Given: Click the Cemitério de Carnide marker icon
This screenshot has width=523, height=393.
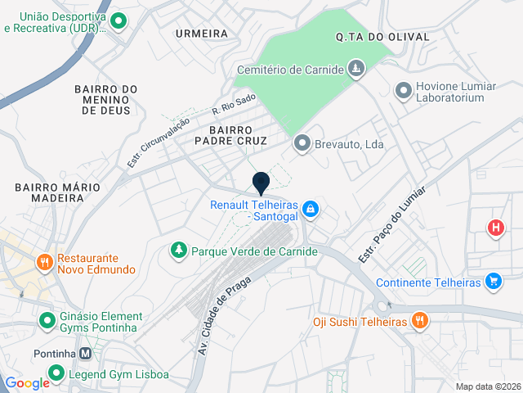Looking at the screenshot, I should (x=356, y=70).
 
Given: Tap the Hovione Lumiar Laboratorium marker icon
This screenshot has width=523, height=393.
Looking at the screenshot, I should (x=403, y=91).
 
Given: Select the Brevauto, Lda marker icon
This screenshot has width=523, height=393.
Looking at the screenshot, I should (x=302, y=144).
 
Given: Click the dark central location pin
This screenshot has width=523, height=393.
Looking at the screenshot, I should (x=261, y=183).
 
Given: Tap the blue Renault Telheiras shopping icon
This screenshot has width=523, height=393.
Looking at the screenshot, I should (x=311, y=210).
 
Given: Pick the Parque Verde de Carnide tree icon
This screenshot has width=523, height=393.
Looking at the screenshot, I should (x=178, y=249).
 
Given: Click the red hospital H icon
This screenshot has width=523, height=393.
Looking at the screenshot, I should (x=495, y=228).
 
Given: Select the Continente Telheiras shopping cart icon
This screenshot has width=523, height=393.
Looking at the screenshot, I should (x=493, y=282).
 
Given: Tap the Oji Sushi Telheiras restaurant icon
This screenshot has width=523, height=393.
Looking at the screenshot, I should (x=419, y=321).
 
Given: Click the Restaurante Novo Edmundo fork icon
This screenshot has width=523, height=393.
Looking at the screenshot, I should (x=44, y=263).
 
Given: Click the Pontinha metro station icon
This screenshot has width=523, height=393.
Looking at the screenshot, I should (x=85, y=355).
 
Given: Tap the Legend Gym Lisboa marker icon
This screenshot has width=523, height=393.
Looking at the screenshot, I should (x=56, y=374).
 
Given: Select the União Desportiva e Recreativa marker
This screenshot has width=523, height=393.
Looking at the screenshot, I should (x=118, y=22).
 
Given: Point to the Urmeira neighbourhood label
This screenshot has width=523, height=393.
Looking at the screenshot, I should (x=201, y=34).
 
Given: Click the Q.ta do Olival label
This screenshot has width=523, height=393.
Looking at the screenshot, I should (x=371, y=37).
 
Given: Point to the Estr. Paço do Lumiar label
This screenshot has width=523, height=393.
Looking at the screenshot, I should (x=382, y=234).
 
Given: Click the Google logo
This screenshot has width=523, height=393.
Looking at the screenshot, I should (x=27, y=383).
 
